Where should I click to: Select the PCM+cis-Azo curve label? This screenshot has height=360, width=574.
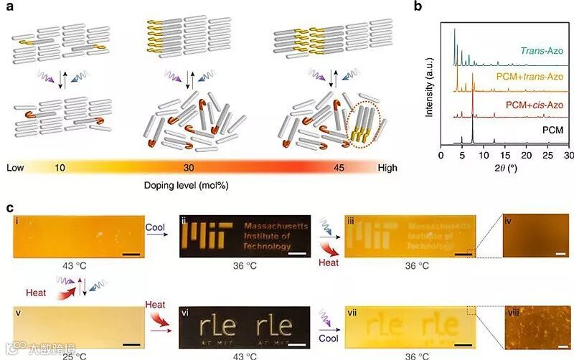coord(533,105)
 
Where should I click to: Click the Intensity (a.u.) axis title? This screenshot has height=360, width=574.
coord(428,81)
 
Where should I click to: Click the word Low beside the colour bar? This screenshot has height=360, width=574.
coord(16,167)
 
